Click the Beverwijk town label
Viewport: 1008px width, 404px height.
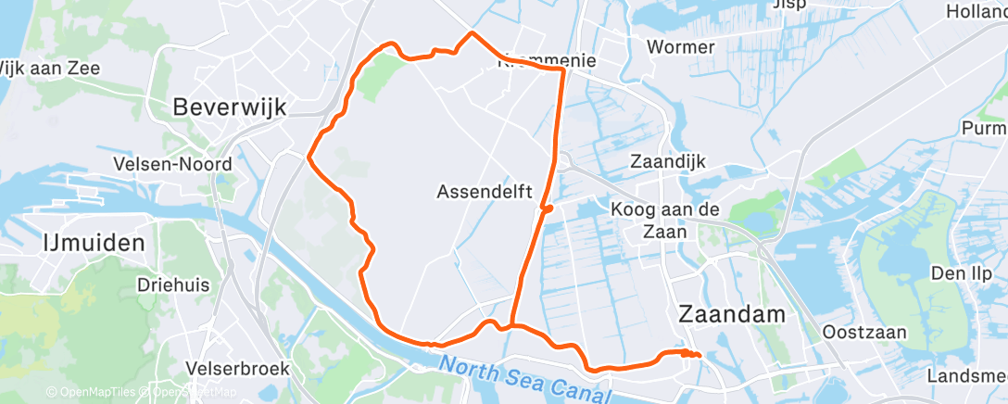tap(229, 107)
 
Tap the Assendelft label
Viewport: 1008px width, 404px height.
tap(484, 193)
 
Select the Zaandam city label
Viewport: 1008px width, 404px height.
tap(732, 313)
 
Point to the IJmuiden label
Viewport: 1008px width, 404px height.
tap(94, 244)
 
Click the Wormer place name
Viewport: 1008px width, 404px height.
tap(681, 47)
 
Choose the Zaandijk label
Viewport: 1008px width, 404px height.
tap(667, 161)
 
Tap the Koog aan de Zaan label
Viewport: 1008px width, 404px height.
tap(665, 221)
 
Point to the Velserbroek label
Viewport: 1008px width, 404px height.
tap(238, 369)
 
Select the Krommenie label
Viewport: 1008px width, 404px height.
tap(546, 62)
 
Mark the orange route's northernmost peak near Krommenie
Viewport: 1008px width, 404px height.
tap(472, 33)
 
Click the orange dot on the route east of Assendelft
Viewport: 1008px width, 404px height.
tap(548, 208)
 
